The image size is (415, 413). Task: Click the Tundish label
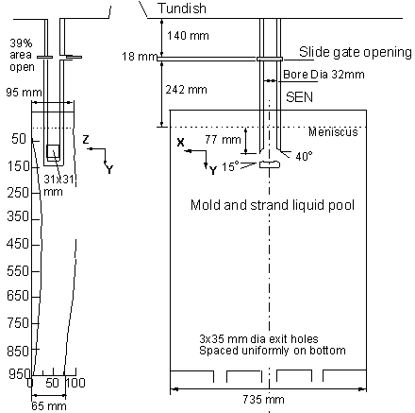point(182,9)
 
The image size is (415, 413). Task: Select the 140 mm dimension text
point(188,36)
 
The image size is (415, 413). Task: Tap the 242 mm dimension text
point(187,90)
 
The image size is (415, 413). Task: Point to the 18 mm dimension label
point(140,57)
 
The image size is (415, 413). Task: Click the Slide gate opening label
point(356,52)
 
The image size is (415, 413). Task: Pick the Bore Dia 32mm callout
point(324,75)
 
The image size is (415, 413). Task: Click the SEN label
point(299,97)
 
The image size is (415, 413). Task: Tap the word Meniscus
point(333,131)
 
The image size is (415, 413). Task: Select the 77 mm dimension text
point(223,139)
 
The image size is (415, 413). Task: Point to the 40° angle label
point(304,156)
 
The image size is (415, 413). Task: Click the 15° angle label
point(230,166)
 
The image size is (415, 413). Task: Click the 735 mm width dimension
point(263,400)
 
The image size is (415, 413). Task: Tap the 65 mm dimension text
point(49,406)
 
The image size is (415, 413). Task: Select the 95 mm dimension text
point(24,93)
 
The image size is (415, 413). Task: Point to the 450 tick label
point(18,244)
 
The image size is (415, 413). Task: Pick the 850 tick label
point(18,351)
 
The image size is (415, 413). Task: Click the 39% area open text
point(22,55)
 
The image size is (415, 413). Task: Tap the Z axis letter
point(86,139)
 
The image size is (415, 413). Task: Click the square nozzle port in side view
point(53,151)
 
